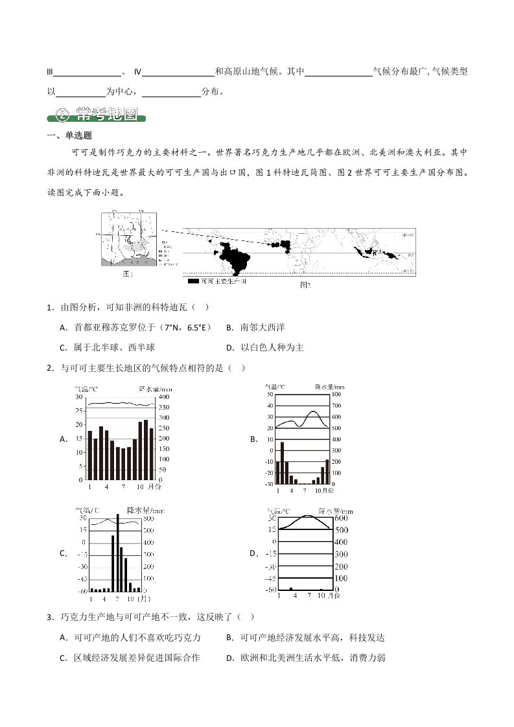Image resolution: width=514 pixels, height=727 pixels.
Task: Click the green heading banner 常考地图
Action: click(97, 116)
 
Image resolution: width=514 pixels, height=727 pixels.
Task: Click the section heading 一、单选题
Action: click(69, 135)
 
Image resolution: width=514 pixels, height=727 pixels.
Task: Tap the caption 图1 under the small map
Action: click(128, 274)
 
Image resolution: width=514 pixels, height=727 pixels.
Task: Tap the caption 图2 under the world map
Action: click(305, 284)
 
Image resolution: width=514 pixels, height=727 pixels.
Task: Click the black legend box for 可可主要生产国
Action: click(193, 281)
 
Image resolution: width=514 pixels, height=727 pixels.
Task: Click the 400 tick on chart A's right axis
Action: click(165, 397)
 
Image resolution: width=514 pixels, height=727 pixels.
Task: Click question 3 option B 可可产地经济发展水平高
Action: click(310, 638)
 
